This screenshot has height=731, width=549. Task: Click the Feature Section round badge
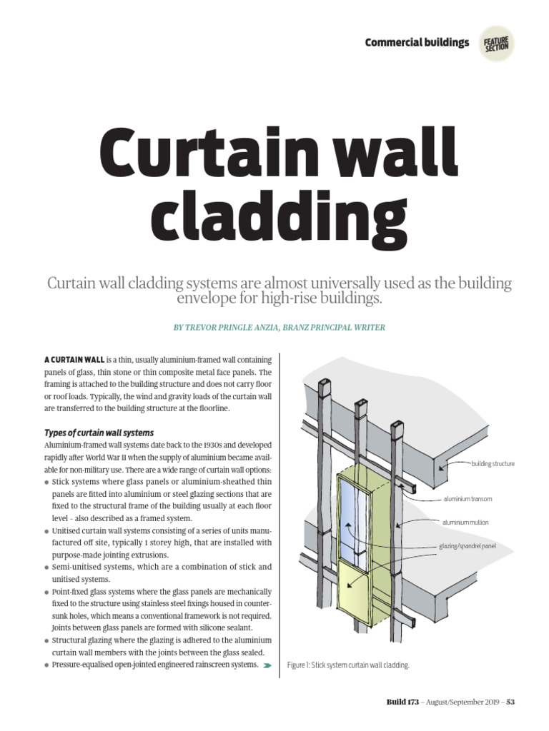(496, 44)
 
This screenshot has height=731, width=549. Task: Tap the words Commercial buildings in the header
(417, 43)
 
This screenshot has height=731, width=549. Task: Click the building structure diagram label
(493, 464)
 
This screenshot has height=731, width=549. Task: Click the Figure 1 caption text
(348, 665)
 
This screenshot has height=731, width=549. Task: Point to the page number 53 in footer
(510, 702)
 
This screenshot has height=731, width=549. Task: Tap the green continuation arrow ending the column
(267, 665)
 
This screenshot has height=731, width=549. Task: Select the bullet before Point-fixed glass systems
(46, 593)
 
